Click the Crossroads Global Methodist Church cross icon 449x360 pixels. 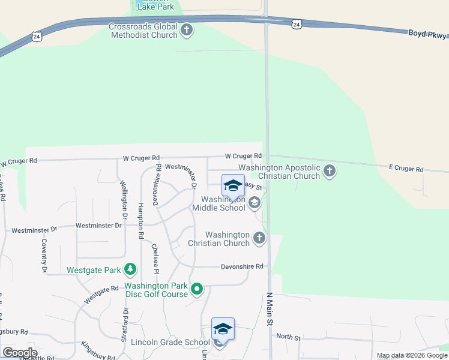point(187,29)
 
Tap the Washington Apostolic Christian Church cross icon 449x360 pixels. point(329,172)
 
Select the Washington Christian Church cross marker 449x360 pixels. point(259,238)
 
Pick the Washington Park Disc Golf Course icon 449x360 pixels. point(197,290)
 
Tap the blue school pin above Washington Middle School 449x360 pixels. point(233,186)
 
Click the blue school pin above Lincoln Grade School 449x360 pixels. point(223,329)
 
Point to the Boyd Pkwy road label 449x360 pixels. point(428,34)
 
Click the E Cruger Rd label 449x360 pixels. point(406,169)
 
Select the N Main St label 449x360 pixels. point(270,310)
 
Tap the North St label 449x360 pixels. point(289,337)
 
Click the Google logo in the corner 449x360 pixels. point(20,352)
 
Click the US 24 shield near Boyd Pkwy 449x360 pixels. point(296,23)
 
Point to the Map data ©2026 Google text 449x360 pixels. point(411,355)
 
